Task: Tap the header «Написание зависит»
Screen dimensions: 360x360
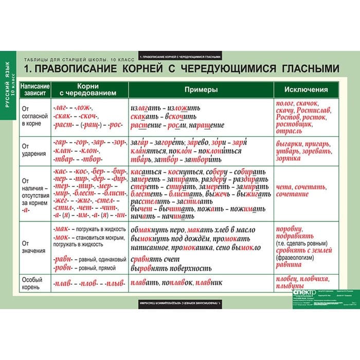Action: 35,89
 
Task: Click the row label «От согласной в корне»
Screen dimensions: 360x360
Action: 35,117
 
